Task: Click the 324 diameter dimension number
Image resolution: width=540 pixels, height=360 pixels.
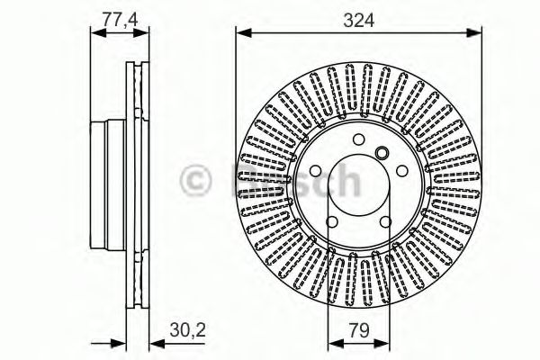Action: tap(358, 17)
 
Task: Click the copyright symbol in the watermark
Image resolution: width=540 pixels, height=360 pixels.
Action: tap(199, 181)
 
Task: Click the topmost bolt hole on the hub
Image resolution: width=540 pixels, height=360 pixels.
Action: tap(358, 139)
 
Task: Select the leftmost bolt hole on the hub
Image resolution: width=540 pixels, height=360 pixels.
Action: tap(315, 171)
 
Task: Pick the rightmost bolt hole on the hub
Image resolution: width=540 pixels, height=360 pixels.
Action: tap(402, 171)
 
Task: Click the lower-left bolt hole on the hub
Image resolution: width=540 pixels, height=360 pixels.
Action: tap(331, 222)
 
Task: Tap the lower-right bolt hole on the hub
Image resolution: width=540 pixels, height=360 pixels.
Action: tap(385, 222)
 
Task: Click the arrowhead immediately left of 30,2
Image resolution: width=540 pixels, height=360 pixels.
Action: tap(147, 343)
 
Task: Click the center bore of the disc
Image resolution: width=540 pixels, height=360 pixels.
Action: tap(358, 185)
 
